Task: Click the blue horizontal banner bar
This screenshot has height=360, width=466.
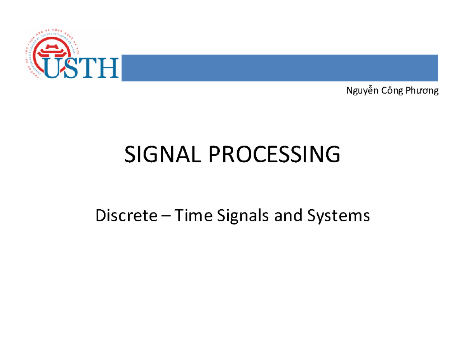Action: tap(280, 68)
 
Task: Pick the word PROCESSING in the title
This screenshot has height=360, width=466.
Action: tap(275, 155)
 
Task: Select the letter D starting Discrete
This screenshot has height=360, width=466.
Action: tap(100, 215)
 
